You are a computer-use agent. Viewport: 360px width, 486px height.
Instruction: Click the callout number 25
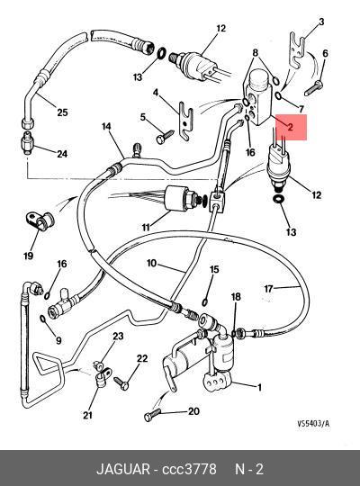click(62, 112)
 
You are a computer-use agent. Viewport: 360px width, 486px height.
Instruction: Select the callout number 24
click(62, 153)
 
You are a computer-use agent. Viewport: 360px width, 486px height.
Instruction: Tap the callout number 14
click(106, 127)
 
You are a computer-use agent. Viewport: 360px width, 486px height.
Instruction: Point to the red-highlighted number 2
click(290, 127)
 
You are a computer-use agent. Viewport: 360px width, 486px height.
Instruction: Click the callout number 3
click(321, 22)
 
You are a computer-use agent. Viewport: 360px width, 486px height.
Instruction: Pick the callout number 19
click(28, 256)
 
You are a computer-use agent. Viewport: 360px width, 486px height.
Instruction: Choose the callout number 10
click(151, 264)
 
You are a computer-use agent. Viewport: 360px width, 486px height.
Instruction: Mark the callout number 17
click(268, 289)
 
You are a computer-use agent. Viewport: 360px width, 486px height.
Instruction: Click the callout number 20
click(193, 411)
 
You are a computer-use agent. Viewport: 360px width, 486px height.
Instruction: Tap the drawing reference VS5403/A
click(313, 424)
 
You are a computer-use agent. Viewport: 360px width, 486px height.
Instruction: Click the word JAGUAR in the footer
click(123, 469)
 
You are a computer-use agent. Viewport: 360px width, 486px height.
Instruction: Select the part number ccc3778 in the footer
click(189, 469)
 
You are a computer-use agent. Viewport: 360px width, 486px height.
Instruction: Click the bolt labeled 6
click(314, 88)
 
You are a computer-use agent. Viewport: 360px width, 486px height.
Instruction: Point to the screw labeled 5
click(165, 137)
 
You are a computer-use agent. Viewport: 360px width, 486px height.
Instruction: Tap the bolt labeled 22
click(121, 382)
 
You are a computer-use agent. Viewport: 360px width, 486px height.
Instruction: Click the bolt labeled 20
click(153, 415)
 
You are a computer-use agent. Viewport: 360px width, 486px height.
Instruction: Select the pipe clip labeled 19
click(40, 220)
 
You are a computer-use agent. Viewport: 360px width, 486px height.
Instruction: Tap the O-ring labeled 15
click(204, 301)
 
